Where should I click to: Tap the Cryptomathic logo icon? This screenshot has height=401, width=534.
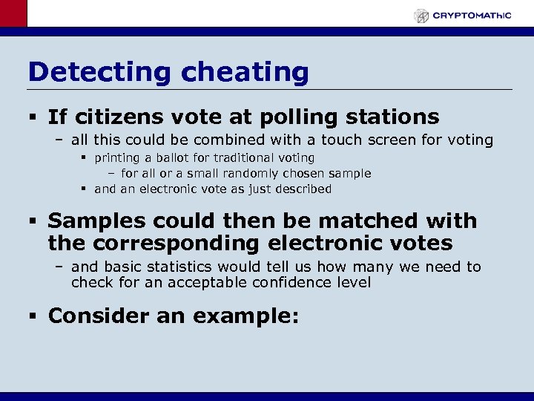click(421, 15)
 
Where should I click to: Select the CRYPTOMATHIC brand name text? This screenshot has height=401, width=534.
click(472, 15)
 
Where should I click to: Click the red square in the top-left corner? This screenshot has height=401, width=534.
click(13, 13)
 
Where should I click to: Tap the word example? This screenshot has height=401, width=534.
click(245, 316)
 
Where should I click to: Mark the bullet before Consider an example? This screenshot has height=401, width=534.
click(33, 316)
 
